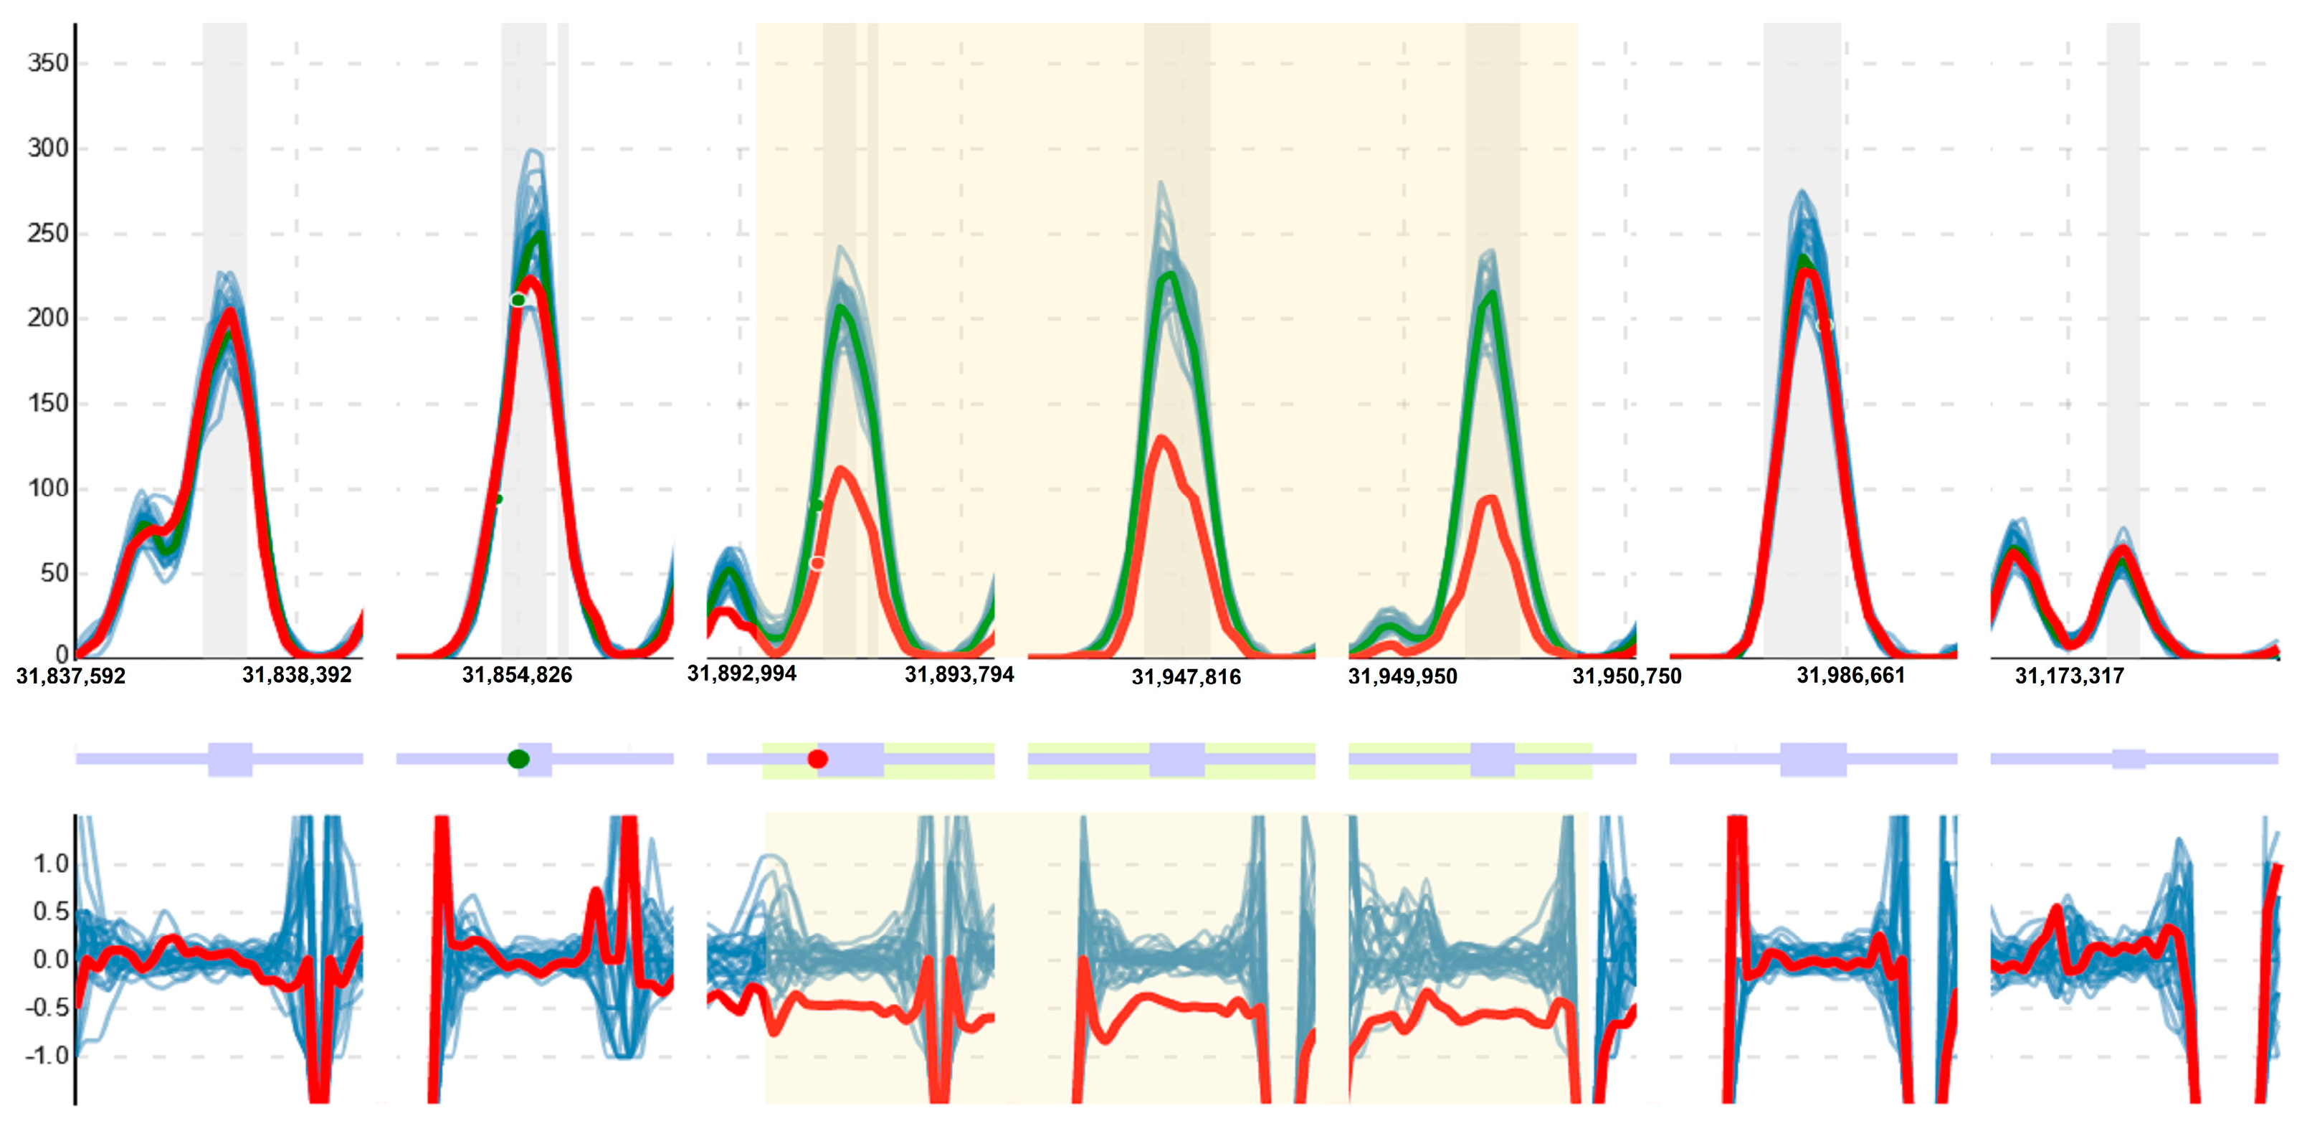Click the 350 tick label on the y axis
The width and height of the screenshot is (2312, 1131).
point(47,63)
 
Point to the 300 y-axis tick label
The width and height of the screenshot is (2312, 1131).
point(47,148)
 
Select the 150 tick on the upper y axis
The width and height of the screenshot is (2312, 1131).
point(47,403)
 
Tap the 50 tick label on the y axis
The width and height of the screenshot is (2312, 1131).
point(54,573)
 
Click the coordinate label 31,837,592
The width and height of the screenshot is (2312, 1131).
point(71,676)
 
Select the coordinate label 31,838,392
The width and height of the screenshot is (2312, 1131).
point(297,675)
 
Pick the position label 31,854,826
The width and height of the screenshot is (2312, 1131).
point(517,675)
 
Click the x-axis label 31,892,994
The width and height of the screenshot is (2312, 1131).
point(741,673)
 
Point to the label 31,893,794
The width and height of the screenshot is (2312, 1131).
point(959,674)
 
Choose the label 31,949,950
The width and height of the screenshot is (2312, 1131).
point(1403,676)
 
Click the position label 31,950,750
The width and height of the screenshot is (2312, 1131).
point(1627,676)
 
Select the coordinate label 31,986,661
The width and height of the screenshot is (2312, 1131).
point(1851,675)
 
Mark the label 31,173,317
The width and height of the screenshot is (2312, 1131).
point(2070,676)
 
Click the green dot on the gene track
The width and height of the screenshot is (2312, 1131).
point(518,759)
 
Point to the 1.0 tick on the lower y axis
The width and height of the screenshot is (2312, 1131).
point(50,863)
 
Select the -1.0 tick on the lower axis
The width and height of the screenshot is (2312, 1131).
point(47,1055)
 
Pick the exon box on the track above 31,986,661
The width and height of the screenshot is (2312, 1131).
point(1813,759)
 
